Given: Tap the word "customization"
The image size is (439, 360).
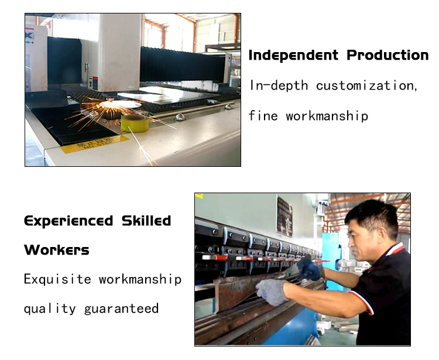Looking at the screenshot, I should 367,85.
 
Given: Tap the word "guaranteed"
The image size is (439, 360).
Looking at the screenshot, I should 121,308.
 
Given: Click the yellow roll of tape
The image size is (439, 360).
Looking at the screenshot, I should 135,122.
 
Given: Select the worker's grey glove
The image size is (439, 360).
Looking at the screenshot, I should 273,290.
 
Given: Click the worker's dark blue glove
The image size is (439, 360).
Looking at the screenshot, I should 308,269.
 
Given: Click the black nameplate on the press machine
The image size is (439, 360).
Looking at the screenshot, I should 284,216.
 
